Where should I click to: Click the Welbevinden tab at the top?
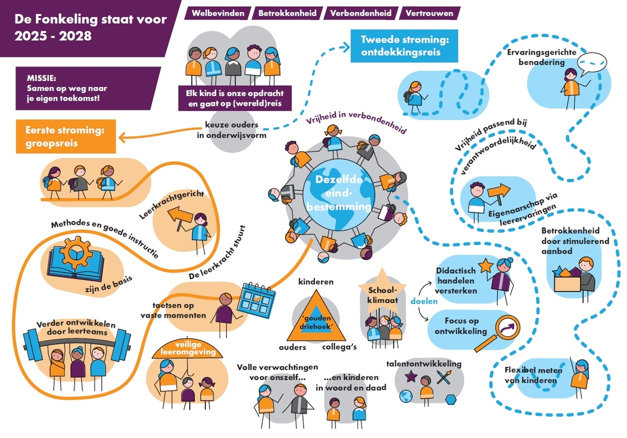pos(217,13)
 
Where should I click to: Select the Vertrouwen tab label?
pos(426,13)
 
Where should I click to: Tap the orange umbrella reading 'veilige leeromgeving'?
pos(188,352)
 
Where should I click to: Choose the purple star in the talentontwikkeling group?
pos(411,375)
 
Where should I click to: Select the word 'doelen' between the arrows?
pos(421,301)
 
